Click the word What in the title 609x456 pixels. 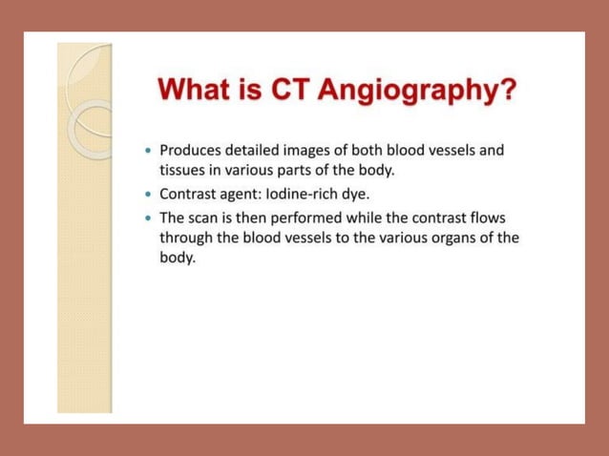pos(197,92)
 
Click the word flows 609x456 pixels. pos(486,218)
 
